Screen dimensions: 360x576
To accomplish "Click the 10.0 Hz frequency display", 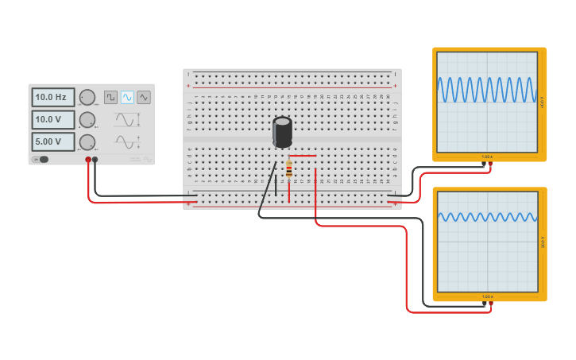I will pyautogui.click(x=53, y=97).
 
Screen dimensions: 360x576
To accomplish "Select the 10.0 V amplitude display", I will pyautogui.click(x=53, y=119).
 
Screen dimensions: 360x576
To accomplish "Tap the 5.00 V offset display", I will pyautogui.click(x=53, y=141).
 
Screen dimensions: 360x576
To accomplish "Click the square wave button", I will pyautogui.click(x=110, y=97).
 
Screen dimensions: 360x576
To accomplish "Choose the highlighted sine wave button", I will pyautogui.click(x=127, y=97).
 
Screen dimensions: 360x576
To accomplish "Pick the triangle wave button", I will pyautogui.click(x=144, y=97).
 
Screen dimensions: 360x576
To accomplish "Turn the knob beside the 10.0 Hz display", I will pyautogui.click(x=87, y=98).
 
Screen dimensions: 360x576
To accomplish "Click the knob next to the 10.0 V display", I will pyautogui.click(x=87, y=120).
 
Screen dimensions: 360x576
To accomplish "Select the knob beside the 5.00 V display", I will pyautogui.click(x=87, y=142).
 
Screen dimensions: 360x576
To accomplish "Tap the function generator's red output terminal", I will pyautogui.click(x=88, y=160).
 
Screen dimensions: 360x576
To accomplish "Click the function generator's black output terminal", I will pyautogui.click(x=95, y=160).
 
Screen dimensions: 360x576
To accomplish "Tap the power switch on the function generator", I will pyautogui.click(x=42, y=160).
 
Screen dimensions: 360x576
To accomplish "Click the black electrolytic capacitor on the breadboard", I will pyautogui.click(x=282, y=131).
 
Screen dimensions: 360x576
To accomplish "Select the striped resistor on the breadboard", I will pyautogui.click(x=288, y=168).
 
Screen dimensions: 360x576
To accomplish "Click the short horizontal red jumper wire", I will pyautogui.click(x=302, y=155).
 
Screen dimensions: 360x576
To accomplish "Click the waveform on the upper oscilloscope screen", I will pyautogui.click(x=486, y=90).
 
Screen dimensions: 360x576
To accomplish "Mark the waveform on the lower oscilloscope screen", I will pyautogui.click(x=486, y=217).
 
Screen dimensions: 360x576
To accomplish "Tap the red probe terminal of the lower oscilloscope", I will pyautogui.click(x=491, y=304).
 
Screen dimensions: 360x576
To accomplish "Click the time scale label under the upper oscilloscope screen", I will pyautogui.click(x=487, y=157).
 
